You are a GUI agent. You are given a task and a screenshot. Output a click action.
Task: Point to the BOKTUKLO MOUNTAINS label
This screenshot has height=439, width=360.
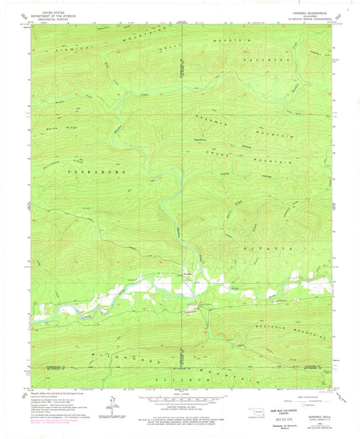click(294, 329)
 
